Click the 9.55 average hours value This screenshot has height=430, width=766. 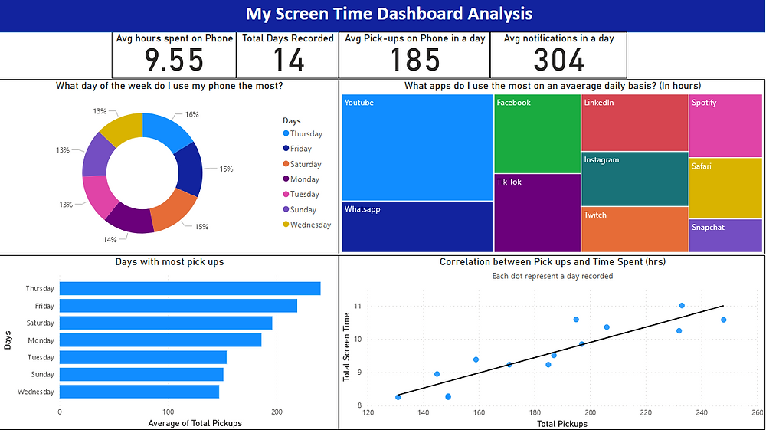(174, 60)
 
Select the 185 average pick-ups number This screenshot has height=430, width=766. (414, 60)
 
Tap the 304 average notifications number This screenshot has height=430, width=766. (558, 60)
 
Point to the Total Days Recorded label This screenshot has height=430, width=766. (288, 38)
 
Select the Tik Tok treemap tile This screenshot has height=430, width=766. (537, 213)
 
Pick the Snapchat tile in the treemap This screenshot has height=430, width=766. (725, 235)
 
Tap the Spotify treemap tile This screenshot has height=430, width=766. (725, 126)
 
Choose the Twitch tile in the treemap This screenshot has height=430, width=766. (634, 229)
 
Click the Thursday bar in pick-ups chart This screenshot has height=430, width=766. (190, 289)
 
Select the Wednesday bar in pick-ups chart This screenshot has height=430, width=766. (139, 392)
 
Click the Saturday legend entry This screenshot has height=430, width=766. (305, 164)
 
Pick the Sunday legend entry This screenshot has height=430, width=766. (303, 209)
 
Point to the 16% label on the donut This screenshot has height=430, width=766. (191, 114)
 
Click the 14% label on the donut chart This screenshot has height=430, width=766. (110, 240)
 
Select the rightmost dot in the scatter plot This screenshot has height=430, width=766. (723, 320)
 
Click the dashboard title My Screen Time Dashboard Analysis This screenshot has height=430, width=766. (388, 14)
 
